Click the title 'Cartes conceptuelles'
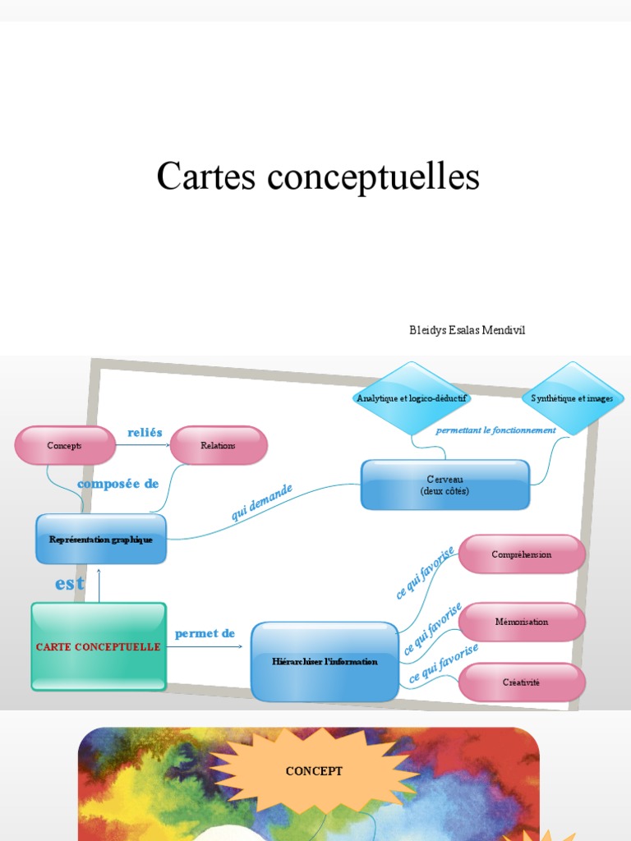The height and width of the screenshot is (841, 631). [318, 177]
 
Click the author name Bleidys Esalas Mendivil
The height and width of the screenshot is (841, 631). [467, 330]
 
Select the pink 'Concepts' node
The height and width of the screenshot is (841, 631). [65, 445]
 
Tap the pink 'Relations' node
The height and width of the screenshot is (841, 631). [219, 445]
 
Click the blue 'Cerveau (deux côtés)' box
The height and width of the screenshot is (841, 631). [445, 485]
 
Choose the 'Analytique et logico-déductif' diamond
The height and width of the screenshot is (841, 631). [412, 398]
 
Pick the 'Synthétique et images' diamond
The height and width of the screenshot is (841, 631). [572, 398]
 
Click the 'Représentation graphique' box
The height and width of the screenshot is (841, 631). [101, 539]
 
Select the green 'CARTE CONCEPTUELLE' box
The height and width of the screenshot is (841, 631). [99, 646]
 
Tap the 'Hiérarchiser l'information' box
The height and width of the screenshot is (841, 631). [325, 661]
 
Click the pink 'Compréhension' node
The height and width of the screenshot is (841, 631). [522, 554]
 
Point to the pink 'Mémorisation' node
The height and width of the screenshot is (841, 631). [522, 622]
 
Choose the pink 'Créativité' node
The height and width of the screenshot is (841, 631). [522, 682]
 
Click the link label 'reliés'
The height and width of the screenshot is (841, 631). [145, 432]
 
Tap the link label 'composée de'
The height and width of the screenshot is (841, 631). [117, 484]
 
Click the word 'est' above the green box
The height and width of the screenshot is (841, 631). [70, 583]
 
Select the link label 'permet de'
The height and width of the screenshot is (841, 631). [205, 633]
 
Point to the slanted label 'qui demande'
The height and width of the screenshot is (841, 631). [261, 502]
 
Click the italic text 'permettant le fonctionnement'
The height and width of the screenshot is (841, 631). [495, 430]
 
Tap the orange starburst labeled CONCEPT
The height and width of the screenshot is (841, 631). [314, 771]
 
